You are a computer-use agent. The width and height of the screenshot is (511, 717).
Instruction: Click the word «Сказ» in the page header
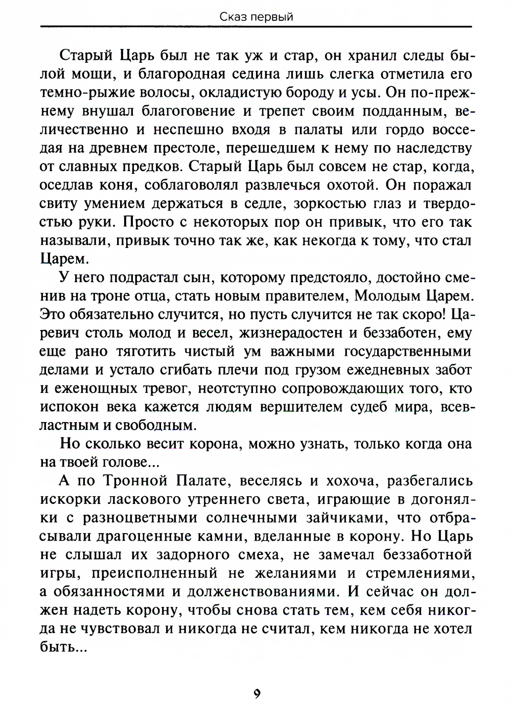(231, 17)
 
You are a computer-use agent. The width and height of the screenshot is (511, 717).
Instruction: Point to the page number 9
(257, 693)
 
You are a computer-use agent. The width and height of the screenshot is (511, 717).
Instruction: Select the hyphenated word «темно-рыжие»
(90, 92)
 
